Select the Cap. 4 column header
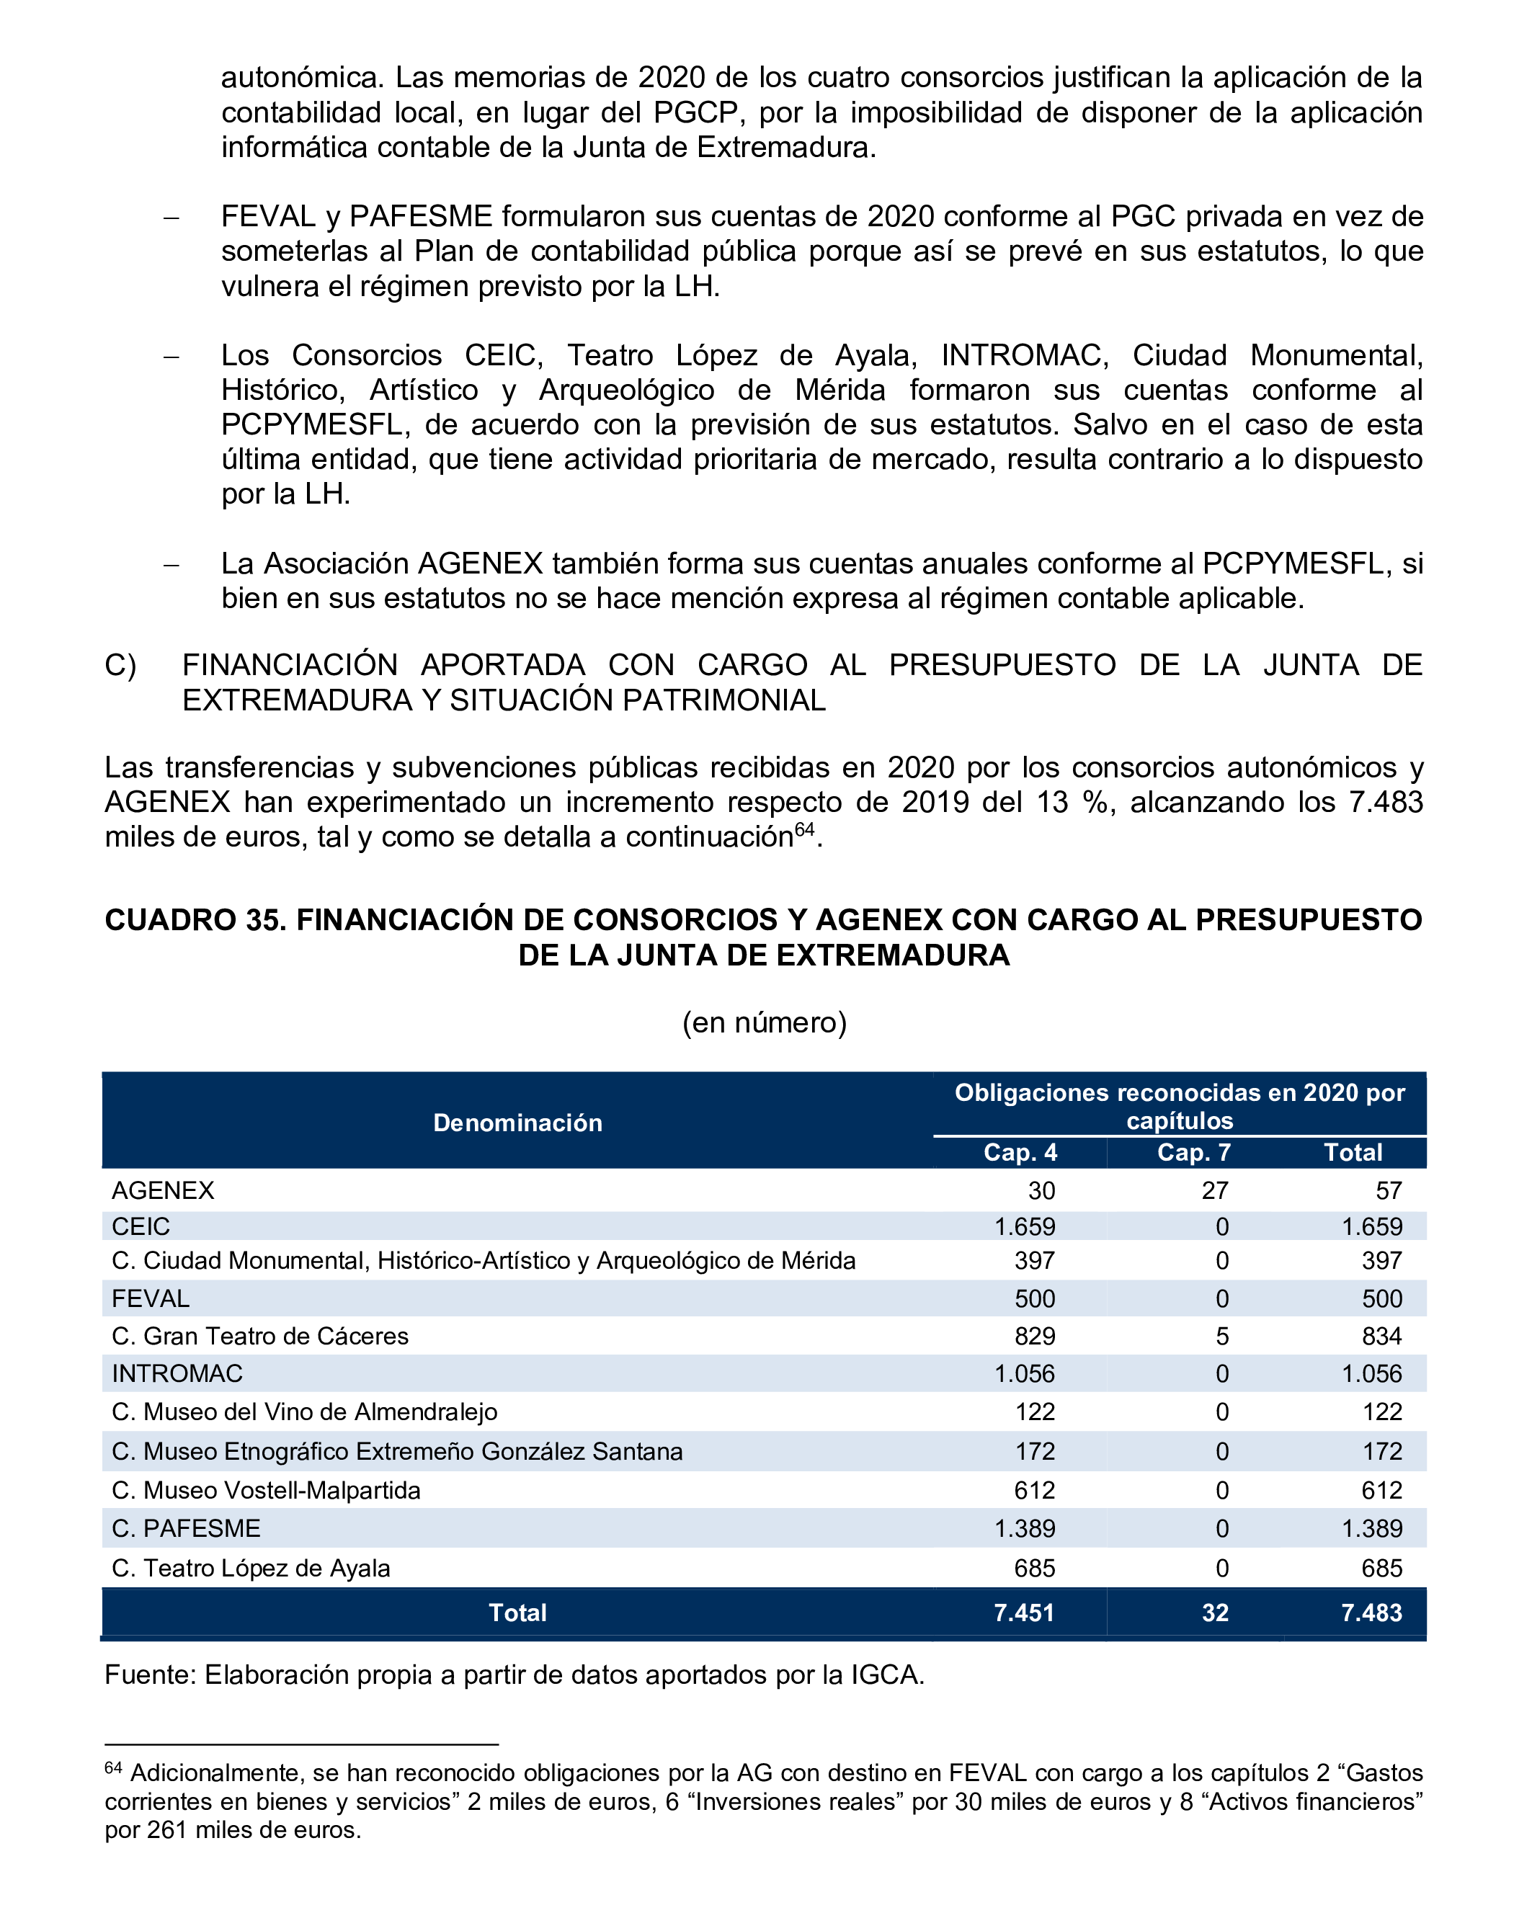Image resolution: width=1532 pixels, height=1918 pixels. click(x=1020, y=1152)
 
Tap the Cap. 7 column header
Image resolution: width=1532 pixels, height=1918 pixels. click(x=1193, y=1152)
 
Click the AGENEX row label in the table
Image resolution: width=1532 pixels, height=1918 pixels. click(x=163, y=1190)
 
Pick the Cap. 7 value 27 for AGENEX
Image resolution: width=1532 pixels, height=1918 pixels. click(x=1214, y=1190)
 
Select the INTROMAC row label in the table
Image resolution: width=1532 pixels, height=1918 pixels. click(x=177, y=1373)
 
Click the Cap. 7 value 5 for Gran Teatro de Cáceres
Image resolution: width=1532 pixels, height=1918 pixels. click(x=1221, y=1337)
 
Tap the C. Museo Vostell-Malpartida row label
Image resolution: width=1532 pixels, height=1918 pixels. click(x=266, y=1490)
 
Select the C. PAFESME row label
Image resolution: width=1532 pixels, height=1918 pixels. click(x=186, y=1528)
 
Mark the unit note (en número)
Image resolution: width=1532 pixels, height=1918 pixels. click(x=765, y=1022)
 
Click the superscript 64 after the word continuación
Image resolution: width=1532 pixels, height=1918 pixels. click(x=804, y=829)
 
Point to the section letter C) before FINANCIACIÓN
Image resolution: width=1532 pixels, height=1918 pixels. click(x=120, y=666)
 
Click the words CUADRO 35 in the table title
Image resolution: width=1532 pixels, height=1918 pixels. click(x=195, y=920)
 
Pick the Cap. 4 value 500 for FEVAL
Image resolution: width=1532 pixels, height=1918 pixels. click(x=1034, y=1299)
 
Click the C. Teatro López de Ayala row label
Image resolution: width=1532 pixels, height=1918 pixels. click(x=251, y=1568)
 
